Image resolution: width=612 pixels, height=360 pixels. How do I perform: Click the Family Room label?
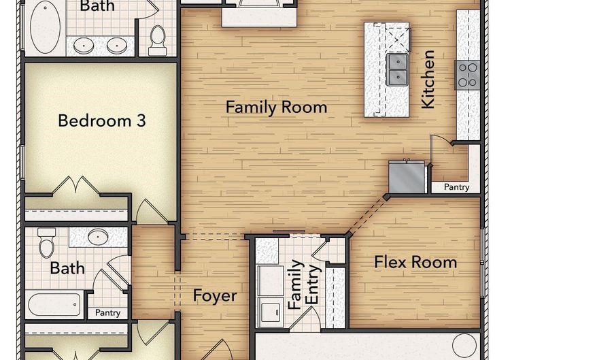point(276,107)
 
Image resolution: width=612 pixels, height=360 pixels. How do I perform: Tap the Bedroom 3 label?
point(102,120)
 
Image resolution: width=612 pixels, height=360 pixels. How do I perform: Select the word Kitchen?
point(428,79)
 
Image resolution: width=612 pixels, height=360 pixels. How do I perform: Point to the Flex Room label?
point(415,262)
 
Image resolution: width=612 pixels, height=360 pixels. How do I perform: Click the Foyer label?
point(215,295)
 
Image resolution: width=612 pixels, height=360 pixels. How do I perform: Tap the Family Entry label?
point(304,284)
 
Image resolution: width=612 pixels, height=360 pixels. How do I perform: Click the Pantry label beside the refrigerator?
point(457,187)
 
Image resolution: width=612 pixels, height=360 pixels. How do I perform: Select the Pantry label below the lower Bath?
point(107,313)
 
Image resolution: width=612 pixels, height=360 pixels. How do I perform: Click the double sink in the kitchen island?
point(397,70)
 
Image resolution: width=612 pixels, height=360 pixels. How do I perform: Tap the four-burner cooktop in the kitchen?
point(467,75)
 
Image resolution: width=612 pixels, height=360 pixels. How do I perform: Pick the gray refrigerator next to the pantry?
point(407,177)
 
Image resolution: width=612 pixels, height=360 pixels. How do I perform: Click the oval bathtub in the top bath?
point(46,27)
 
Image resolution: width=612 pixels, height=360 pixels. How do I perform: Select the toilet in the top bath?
point(158,40)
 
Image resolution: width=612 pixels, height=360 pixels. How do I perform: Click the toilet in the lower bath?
point(46,243)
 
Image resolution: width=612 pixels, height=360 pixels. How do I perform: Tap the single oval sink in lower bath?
point(98,237)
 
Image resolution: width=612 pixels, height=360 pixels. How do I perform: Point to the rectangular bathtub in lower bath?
point(54,305)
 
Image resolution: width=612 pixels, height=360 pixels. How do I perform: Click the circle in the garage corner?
point(464,346)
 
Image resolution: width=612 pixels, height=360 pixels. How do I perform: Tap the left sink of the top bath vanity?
point(83,46)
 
